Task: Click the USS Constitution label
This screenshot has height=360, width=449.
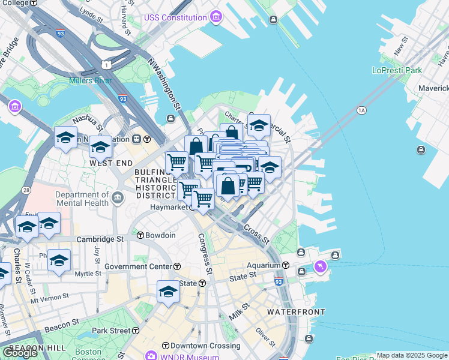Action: coord(175,17)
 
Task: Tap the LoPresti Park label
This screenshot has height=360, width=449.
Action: coord(397,70)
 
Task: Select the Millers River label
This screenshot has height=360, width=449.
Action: coord(91,80)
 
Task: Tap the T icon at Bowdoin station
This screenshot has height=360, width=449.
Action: coord(140,235)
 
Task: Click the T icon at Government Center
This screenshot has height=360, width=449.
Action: coord(177,266)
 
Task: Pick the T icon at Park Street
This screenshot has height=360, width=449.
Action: coord(136,331)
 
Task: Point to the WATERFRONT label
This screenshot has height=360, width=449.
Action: coord(296,312)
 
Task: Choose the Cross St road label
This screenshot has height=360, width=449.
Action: coord(256,234)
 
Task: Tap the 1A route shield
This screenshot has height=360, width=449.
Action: coord(361,110)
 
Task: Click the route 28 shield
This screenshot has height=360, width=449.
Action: coord(26,190)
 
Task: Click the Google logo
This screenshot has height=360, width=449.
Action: coord(20,353)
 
